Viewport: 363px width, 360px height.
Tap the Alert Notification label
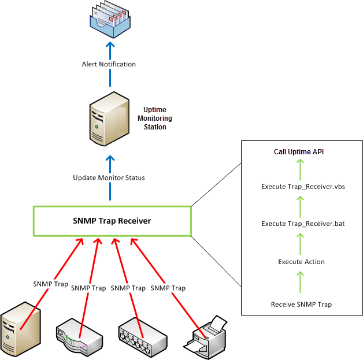click(109, 64)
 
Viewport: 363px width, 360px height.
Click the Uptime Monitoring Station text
click(157, 118)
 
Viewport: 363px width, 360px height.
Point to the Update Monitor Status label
click(109, 177)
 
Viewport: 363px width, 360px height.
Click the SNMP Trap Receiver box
click(112, 220)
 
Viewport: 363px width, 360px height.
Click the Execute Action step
click(301, 262)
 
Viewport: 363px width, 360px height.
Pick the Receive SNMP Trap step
click(301, 304)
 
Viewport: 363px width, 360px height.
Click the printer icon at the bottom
click(208, 336)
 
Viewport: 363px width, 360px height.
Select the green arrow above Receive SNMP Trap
click(301, 283)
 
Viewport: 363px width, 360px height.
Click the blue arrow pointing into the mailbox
click(109, 46)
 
